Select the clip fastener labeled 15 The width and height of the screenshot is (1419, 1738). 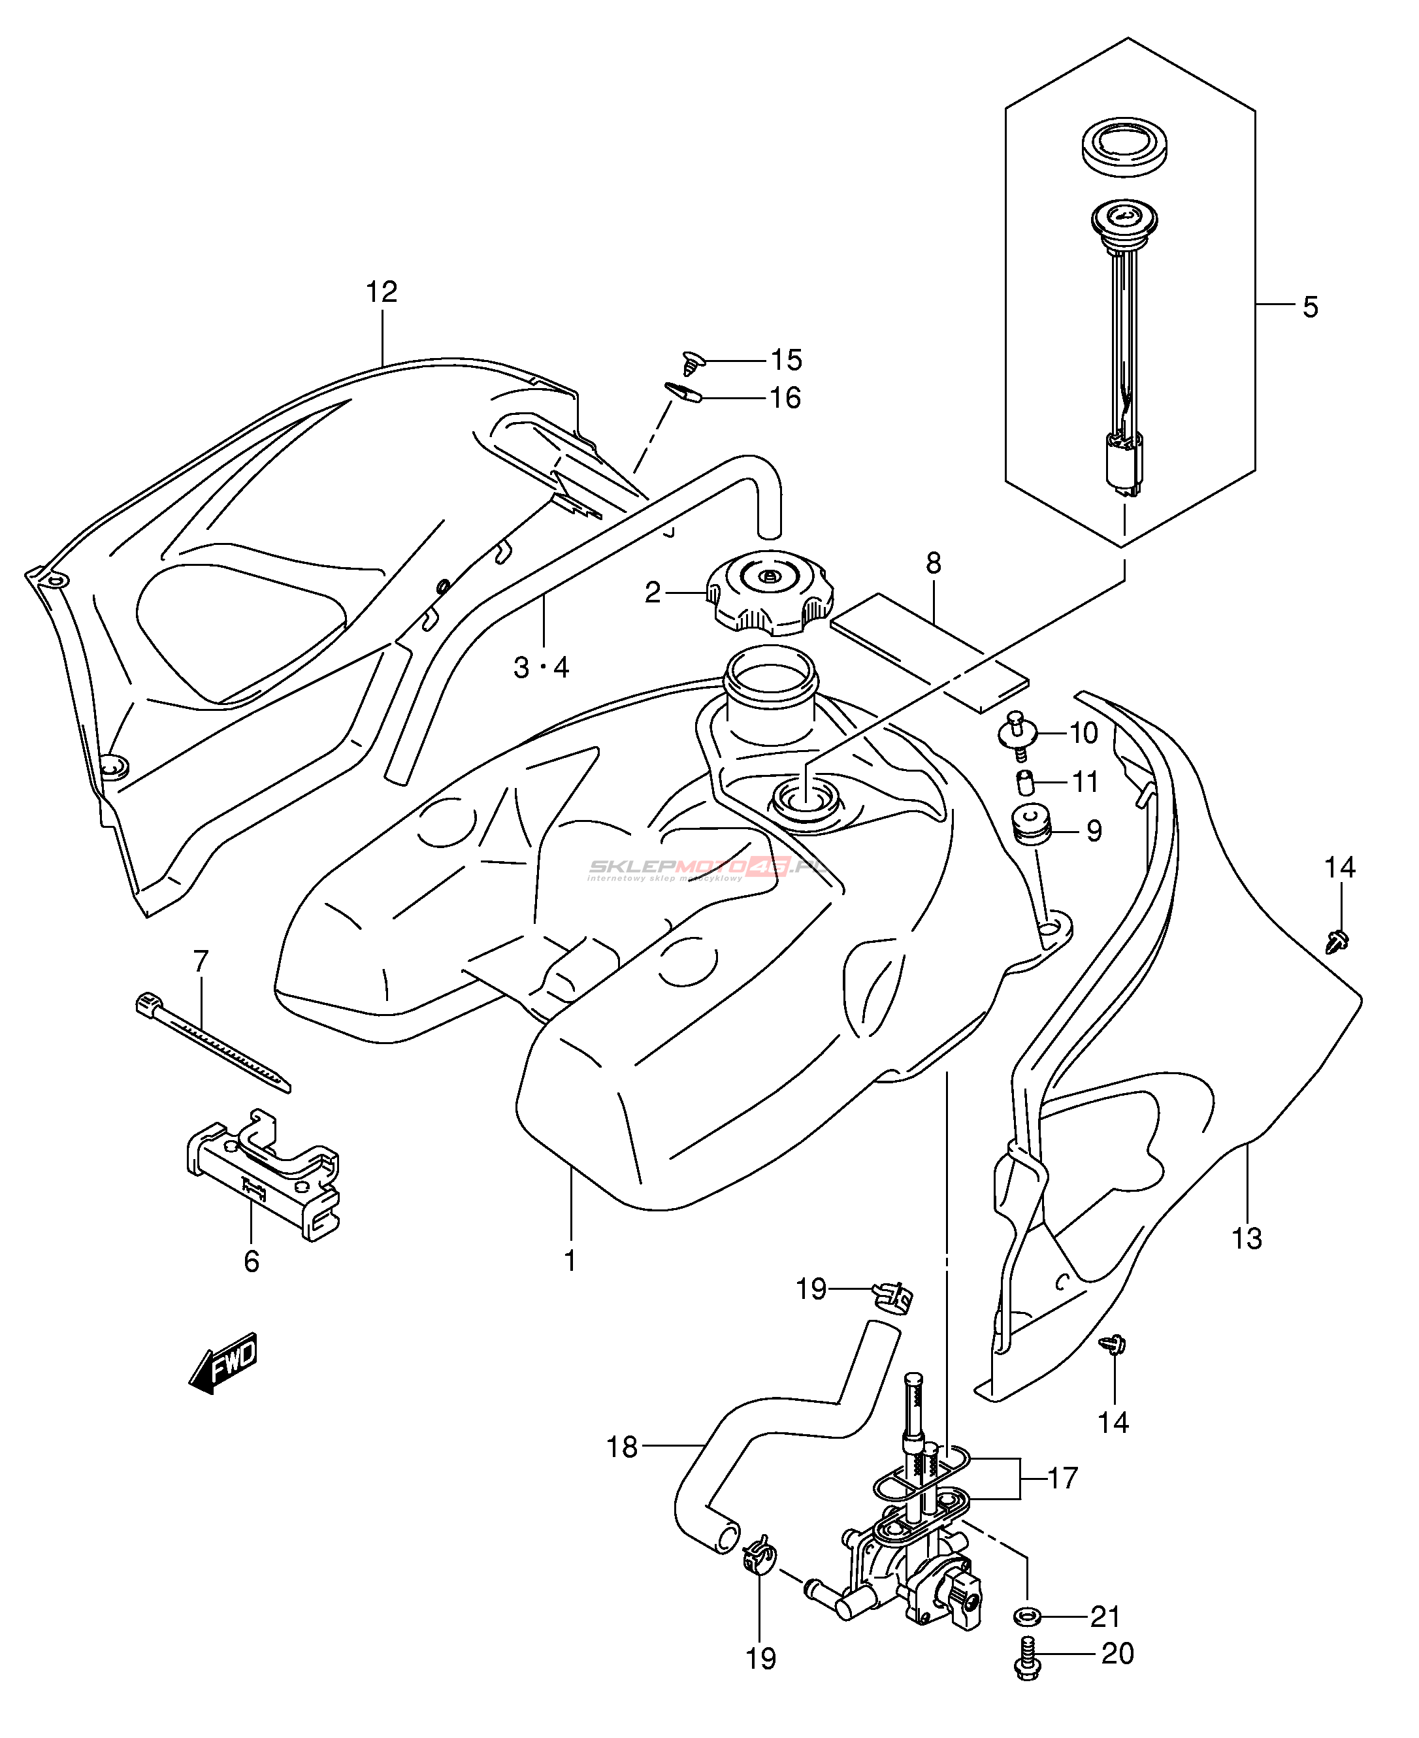coord(694,362)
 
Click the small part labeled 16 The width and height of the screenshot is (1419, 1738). coord(685,393)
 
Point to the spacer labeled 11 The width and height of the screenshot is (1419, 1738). coord(1025,781)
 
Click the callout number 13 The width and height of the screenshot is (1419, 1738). coord(1247,1239)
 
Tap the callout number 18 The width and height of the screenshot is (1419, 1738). coord(621,1447)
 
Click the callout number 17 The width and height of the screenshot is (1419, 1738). coord(1062,1478)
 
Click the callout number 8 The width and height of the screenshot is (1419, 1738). coord(934,563)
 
